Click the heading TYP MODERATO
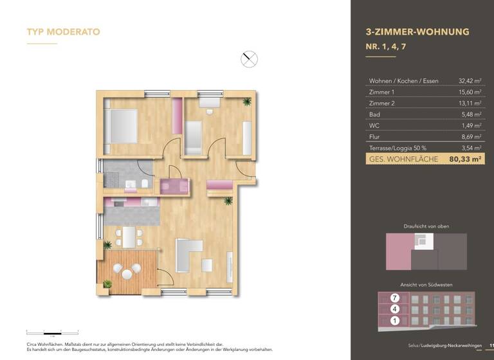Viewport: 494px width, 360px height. [63, 32]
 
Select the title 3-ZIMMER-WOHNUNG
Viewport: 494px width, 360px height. [417, 32]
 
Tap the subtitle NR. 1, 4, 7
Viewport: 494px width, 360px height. [387, 46]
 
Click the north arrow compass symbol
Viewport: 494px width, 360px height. [249, 60]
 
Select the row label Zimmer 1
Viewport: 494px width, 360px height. [382, 92]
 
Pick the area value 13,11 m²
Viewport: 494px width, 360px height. [470, 104]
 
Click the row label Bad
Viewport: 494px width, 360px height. [374, 114]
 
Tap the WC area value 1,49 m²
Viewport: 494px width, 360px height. [471, 125]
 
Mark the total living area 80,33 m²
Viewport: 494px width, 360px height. [466, 159]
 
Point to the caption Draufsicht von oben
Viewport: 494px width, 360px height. [426, 226]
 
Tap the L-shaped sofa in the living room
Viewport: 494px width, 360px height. [187, 255]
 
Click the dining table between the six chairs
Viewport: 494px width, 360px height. [130, 237]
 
